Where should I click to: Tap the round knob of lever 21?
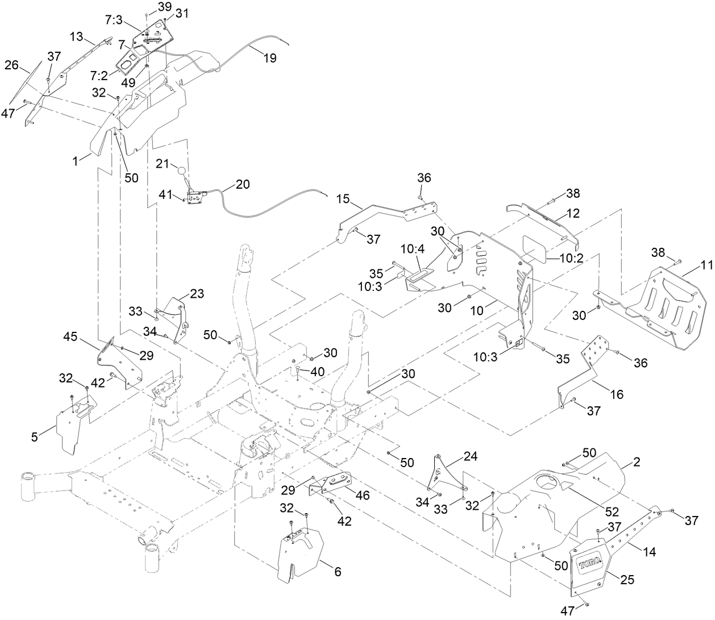(x=181, y=170)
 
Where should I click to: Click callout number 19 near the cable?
(x=270, y=57)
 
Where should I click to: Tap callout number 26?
(x=12, y=65)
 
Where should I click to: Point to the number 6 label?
(x=337, y=572)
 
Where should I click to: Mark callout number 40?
(x=317, y=371)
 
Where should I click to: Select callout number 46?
(x=362, y=495)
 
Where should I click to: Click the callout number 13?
(x=77, y=36)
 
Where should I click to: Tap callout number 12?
(x=573, y=214)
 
